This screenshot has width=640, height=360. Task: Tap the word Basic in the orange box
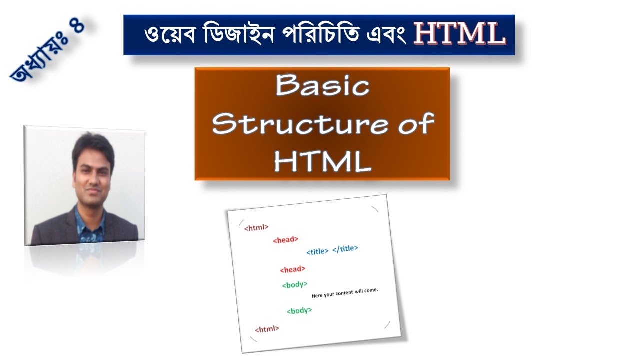[x=322, y=87]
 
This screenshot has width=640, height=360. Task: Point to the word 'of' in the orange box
[x=415, y=123]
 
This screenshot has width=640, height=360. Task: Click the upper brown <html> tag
[x=256, y=227]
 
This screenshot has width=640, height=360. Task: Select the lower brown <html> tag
[x=267, y=329]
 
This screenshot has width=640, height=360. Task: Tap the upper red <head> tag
[x=285, y=240]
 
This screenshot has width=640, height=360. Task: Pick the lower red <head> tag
[x=292, y=269]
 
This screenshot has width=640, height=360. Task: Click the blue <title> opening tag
[x=317, y=251]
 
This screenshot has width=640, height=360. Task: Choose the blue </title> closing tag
[x=345, y=248]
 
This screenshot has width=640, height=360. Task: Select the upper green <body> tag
[x=295, y=285]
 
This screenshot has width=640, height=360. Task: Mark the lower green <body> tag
[x=299, y=310]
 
